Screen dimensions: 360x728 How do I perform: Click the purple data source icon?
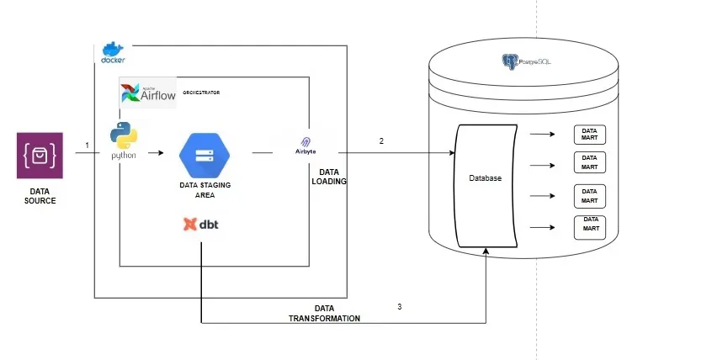point(40,155)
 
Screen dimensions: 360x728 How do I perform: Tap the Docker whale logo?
point(113,52)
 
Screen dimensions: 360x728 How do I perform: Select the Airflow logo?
point(149,93)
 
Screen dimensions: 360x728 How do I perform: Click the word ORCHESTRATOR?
point(201,93)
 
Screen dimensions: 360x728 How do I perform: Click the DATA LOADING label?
point(329,176)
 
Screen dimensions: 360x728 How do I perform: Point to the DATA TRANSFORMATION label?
point(324,314)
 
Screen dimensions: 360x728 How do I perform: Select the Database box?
point(485,186)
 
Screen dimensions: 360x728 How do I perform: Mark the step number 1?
point(87,146)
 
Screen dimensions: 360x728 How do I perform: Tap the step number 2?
point(381,140)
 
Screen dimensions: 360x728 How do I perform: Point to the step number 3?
point(399,307)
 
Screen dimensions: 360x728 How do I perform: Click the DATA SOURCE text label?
point(40,196)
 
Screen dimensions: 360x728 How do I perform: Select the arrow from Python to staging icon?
point(152,154)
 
